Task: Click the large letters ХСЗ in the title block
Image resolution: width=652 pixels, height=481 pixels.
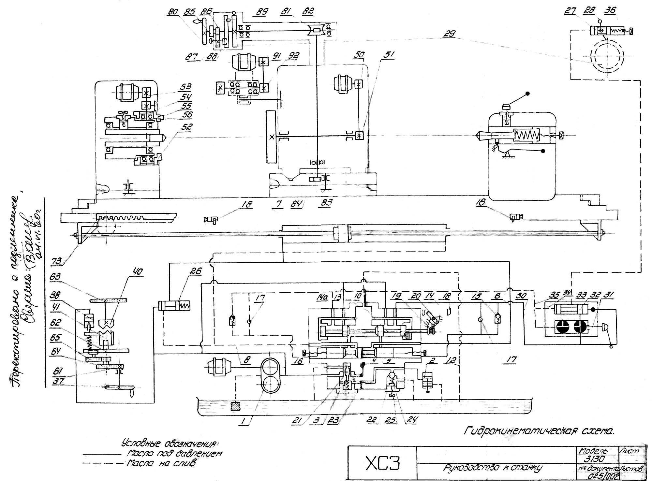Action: click(382, 463)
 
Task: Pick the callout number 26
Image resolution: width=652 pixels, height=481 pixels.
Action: click(196, 271)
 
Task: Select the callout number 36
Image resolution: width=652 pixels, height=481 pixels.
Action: click(610, 10)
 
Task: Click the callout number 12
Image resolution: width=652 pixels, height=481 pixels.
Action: click(452, 360)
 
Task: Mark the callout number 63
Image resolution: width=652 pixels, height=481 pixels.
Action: click(55, 277)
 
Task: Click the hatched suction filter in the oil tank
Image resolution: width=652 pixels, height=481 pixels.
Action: click(235, 406)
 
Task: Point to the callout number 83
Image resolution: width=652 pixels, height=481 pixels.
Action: click(326, 203)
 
